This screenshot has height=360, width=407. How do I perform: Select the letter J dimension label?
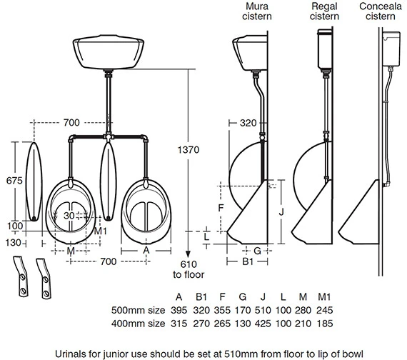click(x=282, y=211)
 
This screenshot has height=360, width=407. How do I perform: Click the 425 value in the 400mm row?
click(x=283, y=325)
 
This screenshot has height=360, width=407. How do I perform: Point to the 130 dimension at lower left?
click(x=12, y=242)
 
